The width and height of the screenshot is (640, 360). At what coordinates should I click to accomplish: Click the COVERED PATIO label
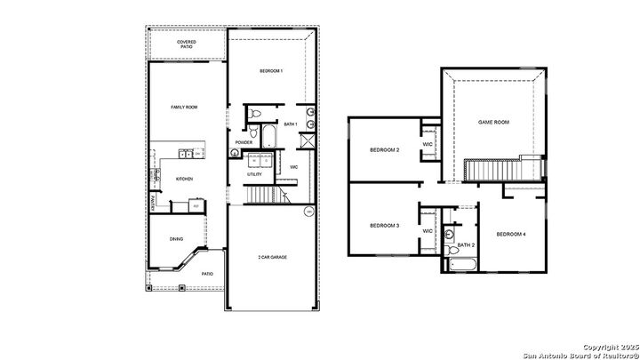187,44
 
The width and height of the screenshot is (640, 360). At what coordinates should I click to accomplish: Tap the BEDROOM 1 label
271,70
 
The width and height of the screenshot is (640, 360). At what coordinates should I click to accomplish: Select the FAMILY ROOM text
184,107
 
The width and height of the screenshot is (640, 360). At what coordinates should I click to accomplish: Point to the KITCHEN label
184,179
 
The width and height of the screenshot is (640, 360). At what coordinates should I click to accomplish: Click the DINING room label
177,237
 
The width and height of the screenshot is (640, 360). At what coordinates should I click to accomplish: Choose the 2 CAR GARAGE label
271,257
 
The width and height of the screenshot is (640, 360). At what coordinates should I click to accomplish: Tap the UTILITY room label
254,174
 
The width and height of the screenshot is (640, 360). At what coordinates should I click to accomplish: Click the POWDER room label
244,142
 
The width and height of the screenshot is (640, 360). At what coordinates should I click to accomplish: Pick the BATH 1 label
291,125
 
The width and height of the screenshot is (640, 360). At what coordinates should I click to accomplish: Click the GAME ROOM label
493,122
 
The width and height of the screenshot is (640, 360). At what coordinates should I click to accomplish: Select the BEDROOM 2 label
384,150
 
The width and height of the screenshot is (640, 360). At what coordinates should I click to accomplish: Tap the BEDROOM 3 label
384,226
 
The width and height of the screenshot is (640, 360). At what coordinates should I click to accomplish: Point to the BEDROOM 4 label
511,234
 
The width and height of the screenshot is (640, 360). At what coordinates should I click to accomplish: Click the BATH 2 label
467,244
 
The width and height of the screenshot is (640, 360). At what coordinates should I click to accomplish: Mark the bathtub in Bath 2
463,264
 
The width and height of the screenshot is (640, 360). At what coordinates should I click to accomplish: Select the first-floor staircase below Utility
260,194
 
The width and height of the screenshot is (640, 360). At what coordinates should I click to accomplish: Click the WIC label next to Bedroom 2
428,144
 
